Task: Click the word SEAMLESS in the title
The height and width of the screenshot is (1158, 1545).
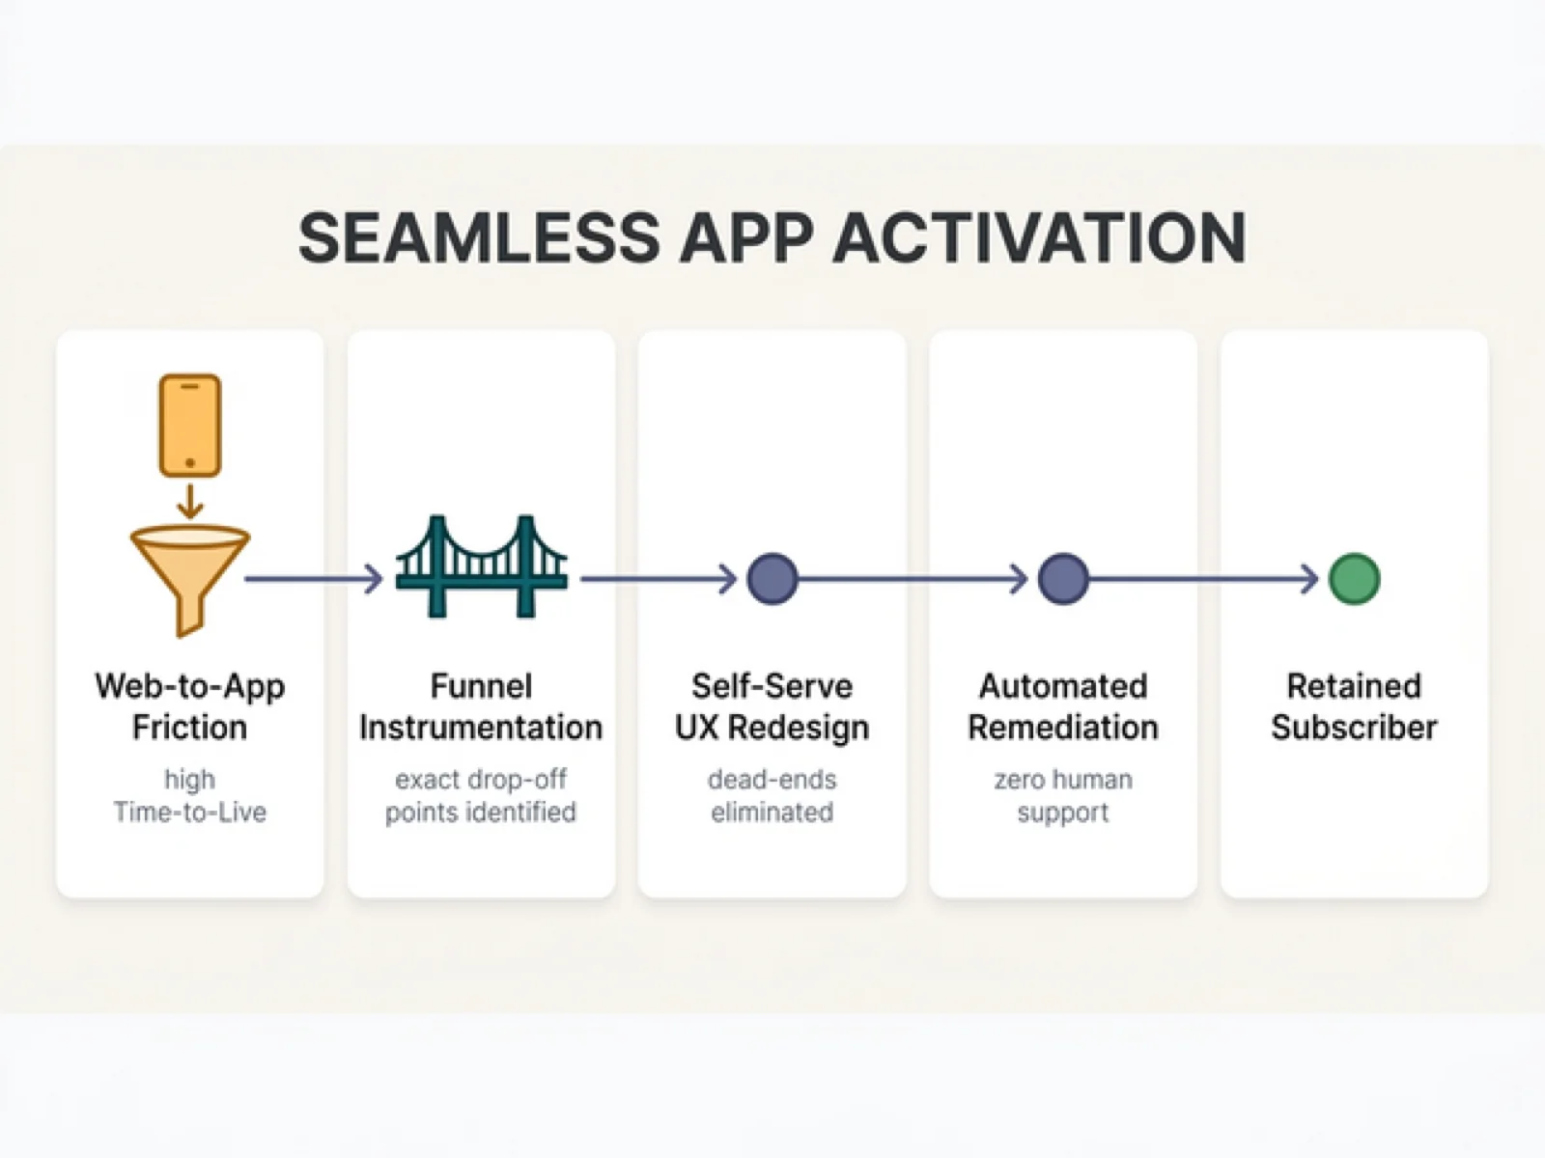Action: click(478, 237)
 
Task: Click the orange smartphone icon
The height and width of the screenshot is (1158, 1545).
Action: click(190, 426)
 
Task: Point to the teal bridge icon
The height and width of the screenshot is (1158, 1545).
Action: click(481, 567)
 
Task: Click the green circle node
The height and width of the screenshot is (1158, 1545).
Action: click(1354, 579)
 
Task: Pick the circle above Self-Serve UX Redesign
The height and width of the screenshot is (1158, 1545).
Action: click(772, 579)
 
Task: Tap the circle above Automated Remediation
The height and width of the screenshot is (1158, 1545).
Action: click(1063, 579)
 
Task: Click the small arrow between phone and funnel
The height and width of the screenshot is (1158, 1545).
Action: click(190, 501)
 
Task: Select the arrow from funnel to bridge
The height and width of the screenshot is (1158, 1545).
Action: click(314, 579)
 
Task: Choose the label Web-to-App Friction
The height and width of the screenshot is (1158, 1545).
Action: click(190, 706)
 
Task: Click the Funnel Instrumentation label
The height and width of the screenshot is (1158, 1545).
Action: click(481, 706)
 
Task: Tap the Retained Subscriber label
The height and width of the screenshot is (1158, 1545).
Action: click(1354, 706)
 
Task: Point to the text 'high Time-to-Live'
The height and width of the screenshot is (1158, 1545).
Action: click(190, 795)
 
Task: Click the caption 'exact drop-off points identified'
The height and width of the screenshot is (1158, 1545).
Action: click(481, 795)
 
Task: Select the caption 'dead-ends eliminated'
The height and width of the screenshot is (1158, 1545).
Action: click(772, 795)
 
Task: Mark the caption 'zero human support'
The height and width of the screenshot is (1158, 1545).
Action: click(1063, 795)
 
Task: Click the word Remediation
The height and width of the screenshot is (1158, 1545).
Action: click(1063, 728)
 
